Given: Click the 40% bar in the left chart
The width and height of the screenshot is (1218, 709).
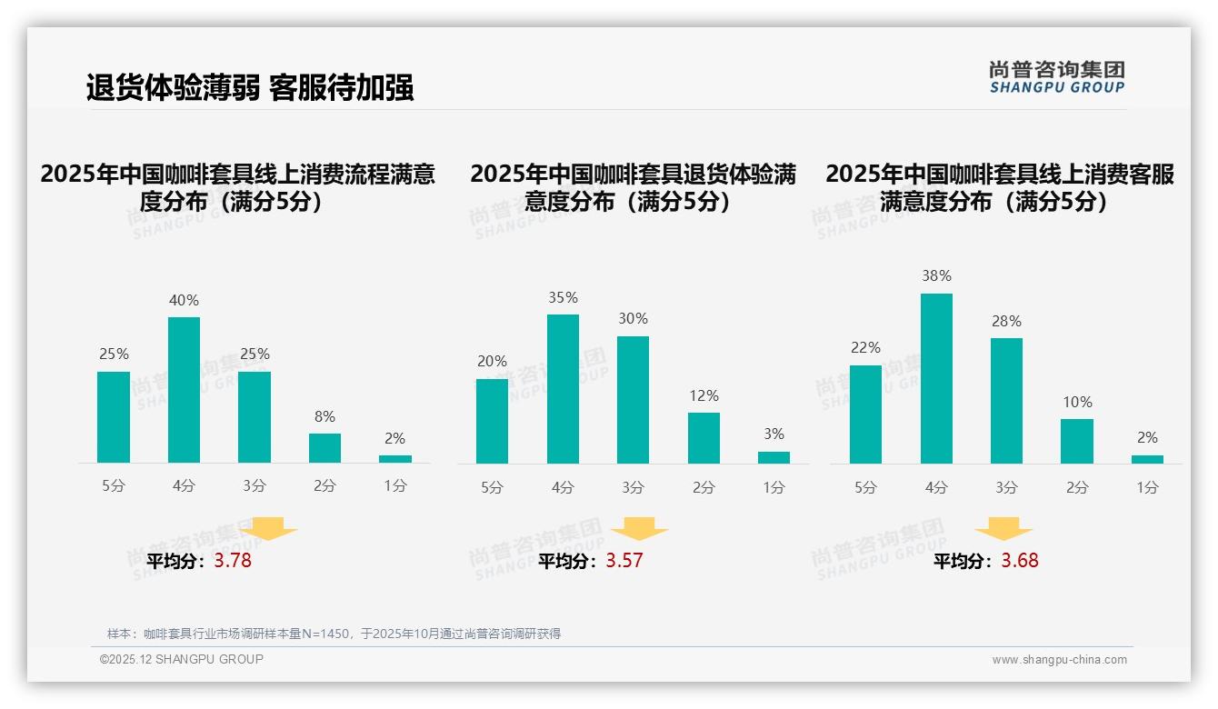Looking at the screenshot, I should point(184,390).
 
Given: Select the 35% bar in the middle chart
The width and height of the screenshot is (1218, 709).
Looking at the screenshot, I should point(563,389).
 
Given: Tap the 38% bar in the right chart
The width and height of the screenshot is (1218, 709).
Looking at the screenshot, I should point(936,378).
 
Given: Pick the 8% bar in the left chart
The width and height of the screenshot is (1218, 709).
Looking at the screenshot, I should point(324,448).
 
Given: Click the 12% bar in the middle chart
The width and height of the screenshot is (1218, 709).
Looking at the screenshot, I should point(704,438).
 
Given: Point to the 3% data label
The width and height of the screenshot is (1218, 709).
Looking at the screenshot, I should point(774,434).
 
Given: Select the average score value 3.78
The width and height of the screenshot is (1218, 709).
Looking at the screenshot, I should point(233,561).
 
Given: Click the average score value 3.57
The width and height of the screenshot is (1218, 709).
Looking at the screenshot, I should point(624,561).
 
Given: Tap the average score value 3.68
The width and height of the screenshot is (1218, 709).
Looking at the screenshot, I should point(1020,561).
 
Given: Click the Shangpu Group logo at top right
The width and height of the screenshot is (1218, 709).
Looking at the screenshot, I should point(1057,77).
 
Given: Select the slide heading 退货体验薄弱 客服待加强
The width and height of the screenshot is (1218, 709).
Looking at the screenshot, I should point(250,87).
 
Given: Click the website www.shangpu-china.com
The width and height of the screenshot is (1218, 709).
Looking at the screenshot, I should point(1059,660).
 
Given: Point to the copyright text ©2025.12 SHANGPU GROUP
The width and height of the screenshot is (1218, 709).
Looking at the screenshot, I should point(182,659).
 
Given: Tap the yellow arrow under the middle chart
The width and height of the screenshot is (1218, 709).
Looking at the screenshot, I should point(639,529).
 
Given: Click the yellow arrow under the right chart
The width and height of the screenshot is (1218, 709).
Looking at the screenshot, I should point(1003,529).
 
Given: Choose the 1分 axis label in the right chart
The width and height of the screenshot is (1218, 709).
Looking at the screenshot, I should point(1147,488).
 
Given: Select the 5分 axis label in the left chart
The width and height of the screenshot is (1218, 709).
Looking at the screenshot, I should point(114,486).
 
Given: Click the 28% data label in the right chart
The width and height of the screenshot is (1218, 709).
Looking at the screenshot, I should point(1006,322).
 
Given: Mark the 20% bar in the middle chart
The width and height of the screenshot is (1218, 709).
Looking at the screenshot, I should point(492,421).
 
